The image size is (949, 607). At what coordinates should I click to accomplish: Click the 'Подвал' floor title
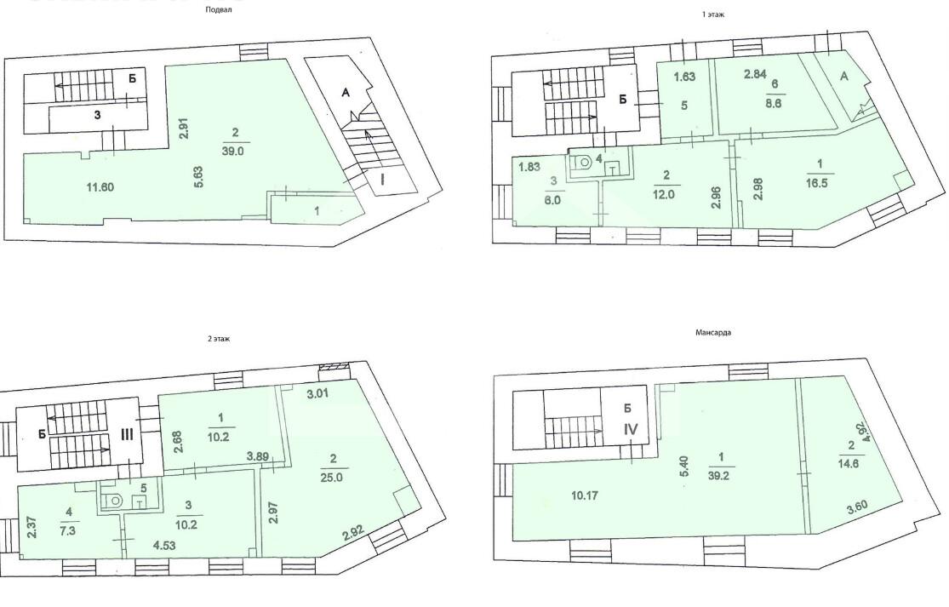click(219, 9)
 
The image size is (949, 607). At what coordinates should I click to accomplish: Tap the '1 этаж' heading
click(713, 14)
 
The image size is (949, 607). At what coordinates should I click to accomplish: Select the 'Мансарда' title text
click(713, 332)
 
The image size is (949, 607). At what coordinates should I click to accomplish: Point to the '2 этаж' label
click(219, 339)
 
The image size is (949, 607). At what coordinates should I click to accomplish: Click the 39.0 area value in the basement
click(232, 152)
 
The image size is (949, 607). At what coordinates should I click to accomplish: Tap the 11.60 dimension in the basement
click(100, 187)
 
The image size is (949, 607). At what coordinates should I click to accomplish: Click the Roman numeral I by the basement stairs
click(382, 179)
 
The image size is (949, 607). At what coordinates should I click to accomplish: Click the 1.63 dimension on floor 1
click(684, 77)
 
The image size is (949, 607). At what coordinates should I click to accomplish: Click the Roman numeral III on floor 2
click(127, 434)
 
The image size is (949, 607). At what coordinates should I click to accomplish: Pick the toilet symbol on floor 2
click(113, 501)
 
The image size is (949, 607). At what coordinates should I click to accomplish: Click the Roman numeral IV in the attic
click(631, 429)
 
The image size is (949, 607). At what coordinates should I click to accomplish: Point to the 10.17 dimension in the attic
click(585, 495)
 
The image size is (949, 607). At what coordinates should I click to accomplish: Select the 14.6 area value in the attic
click(849, 464)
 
